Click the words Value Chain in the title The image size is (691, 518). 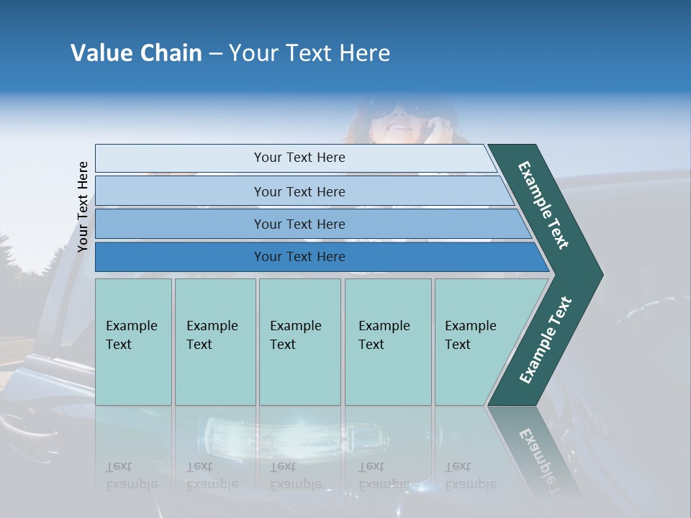(x=136, y=53)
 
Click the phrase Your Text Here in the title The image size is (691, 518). (x=310, y=53)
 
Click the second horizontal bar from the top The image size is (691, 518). (x=299, y=191)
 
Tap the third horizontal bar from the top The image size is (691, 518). (x=299, y=224)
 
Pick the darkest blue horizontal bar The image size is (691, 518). (x=299, y=257)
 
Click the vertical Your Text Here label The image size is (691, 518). (x=83, y=206)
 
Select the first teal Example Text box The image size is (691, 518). (x=133, y=341)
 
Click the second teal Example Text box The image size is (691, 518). (x=214, y=341)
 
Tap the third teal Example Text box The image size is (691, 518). (x=299, y=341)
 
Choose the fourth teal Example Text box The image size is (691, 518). (x=388, y=341)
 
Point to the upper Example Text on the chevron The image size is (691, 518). (x=543, y=205)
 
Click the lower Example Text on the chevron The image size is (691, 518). (x=545, y=340)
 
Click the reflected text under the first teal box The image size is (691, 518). (x=131, y=476)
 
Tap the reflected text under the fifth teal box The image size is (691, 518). (x=470, y=476)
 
